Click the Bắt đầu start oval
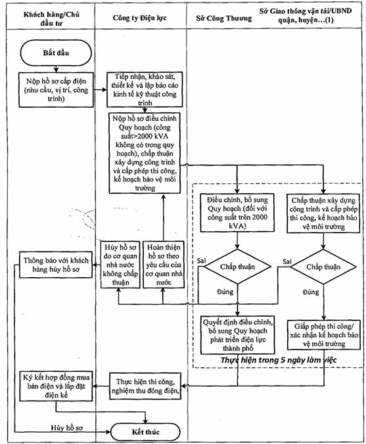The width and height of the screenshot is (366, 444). coord(56,53)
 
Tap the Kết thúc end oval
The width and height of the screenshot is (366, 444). coord(145,432)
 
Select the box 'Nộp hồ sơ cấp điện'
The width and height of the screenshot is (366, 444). coord(56,90)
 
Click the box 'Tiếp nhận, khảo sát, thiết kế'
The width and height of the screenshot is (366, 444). coord(145,89)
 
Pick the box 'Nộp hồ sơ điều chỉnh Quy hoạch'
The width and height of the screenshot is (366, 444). coord(145,153)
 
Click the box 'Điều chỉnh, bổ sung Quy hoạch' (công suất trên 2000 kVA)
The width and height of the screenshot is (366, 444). coord(237,213)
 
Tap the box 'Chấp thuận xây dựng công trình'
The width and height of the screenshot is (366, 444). coord(323,213)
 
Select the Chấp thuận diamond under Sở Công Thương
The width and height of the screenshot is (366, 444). coord(237,267)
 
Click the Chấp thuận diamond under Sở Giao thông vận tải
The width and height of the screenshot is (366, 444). coord(323,267)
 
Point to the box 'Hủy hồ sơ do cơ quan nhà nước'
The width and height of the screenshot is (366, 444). coord(120,265)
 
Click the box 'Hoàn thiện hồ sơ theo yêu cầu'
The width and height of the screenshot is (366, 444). coord(164,265)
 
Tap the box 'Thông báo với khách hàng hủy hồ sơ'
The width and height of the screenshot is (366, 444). coord(56,265)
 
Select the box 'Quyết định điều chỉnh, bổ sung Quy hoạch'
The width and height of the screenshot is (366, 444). coord(238,335)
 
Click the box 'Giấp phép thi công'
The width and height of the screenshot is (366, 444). coord(324,335)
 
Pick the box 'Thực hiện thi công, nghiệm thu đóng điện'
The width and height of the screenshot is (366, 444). coord(145,386)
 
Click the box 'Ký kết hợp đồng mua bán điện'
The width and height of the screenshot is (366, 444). coord(56,386)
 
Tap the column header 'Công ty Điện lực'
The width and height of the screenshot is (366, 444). coord(140,18)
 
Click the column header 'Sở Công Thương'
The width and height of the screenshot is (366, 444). coord(224,18)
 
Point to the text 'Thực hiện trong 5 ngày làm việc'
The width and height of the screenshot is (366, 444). coord(279,360)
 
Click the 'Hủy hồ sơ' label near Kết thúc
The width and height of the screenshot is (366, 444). coord(67,428)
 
